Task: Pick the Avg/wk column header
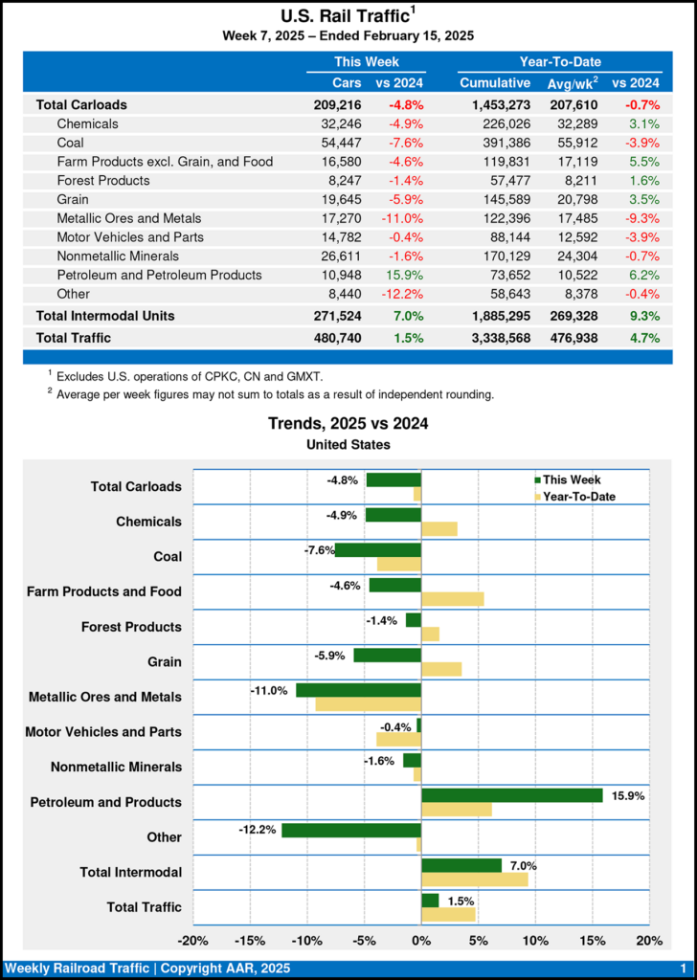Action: point(572,83)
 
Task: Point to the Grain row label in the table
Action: point(73,199)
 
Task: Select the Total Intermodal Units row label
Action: point(105,315)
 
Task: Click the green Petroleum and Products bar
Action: point(512,795)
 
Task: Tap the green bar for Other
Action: point(351,830)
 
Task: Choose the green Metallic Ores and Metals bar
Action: point(359,690)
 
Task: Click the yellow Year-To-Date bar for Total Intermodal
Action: point(475,880)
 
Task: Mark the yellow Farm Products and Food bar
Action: point(453,599)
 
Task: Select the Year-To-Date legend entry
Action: point(578,496)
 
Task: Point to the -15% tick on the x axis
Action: point(250,940)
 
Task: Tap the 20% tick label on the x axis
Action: point(649,940)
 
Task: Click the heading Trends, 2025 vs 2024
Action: point(348,424)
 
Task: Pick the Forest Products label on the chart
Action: point(131,627)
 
